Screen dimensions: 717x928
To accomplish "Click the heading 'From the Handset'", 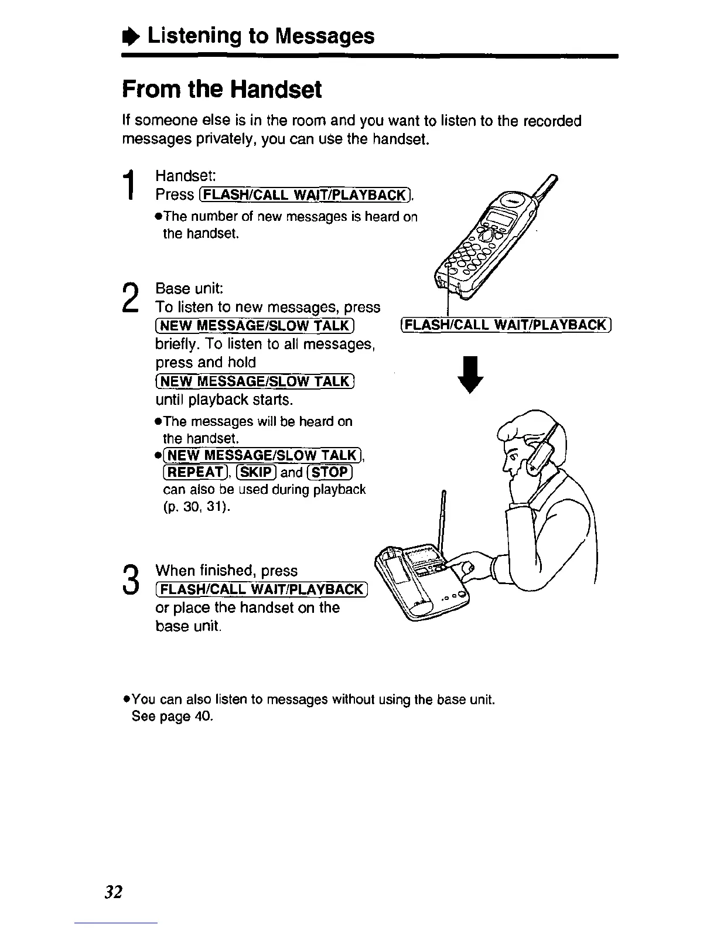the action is pos(222,90).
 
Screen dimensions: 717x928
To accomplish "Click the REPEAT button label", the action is pos(192,473).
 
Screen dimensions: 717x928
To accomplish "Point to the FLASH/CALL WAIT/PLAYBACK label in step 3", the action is pos(261,589).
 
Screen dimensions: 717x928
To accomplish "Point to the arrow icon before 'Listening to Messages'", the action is pos(132,36).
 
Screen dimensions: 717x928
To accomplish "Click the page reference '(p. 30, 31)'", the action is pos(196,507).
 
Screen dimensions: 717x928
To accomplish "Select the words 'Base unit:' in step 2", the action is pos(182,289).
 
